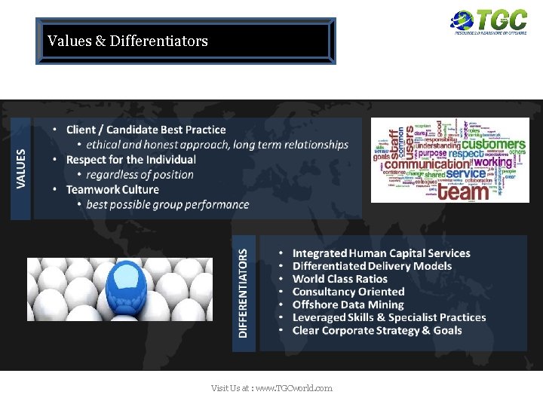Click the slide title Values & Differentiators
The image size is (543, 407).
(127, 41)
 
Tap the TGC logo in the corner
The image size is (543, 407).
(489, 22)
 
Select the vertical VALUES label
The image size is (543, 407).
(20, 168)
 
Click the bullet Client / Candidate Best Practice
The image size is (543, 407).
(146, 130)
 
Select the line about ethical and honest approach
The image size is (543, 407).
(217, 145)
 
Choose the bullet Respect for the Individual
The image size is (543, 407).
(130, 160)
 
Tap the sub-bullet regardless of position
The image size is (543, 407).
(140, 175)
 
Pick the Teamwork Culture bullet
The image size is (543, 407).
(112, 189)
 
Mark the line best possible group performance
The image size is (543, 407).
(167, 204)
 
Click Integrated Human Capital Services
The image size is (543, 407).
(381, 253)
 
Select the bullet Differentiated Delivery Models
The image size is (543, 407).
(372, 266)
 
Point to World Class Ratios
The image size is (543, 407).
(339, 279)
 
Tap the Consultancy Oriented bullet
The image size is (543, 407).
(348, 292)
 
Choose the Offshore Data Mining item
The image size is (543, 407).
(348, 304)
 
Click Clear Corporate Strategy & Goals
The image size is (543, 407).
(377, 330)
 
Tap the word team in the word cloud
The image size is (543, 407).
(463, 191)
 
